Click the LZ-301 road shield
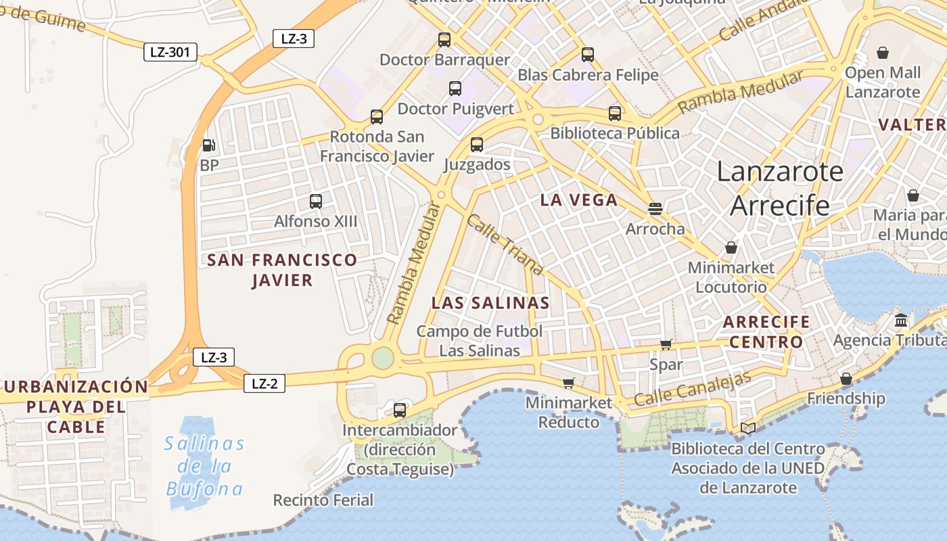pyautogui.click(x=170, y=52)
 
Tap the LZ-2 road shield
pyautogui.click(x=264, y=383)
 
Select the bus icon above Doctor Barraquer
pyautogui.click(x=444, y=40)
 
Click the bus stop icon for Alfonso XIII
pyautogui.click(x=316, y=201)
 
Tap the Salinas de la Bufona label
pyautogui.click(x=205, y=466)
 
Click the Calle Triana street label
pyautogui.click(x=505, y=245)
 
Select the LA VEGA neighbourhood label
pyautogui.click(x=579, y=199)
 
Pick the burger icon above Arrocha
pyautogui.click(x=655, y=208)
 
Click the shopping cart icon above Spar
pyautogui.click(x=666, y=345)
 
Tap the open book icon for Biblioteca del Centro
pyautogui.click(x=747, y=428)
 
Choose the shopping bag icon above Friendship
pyautogui.click(x=846, y=379)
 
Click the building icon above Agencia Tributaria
pyautogui.click(x=901, y=320)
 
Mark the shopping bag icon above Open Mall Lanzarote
pyautogui.click(x=883, y=53)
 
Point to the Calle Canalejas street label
pyautogui.click(x=693, y=389)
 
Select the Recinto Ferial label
pyautogui.click(x=323, y=500)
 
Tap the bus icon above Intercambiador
pyautogui.click(x=400, y=410)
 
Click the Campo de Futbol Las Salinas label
pyautogui.click(x=480, y=341)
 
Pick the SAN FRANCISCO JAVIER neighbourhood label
pyautogui.click(x=282, y=270)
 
